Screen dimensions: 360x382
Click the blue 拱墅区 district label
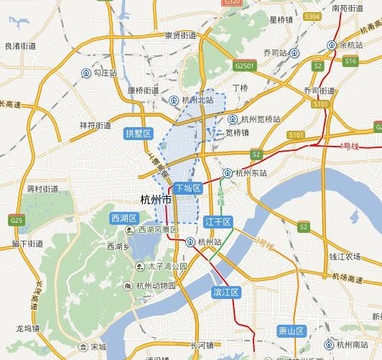pyautogui.click(x=139, y=134)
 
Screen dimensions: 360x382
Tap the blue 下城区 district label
pyautogui.click(x=186, y=188)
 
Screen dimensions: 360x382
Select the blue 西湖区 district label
pyautogui.click(x=124, y=217)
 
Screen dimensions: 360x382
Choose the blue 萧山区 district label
pyautogui.click(x=292, y=331)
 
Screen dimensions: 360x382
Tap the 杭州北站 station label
pyautogui.click(x=198, y=101)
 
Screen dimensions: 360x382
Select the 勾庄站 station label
pyautogui.click(x=105, y=73)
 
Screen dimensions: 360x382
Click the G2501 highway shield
pyautogui.click(x=245, y=65)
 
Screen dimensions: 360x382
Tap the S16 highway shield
pyautogui.click(x=350, y=62)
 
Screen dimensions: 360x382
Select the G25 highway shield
pyautogui.click(x=17, y=220)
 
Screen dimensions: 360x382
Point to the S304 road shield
pyautogui.click(x=312, y=15)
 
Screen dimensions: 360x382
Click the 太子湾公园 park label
pyautogui.click(x=167, y=267)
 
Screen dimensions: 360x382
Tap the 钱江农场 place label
pyautogui.click(x=344, y=256)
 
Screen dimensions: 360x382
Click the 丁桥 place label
pyautogui.click(x=240, y=88)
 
